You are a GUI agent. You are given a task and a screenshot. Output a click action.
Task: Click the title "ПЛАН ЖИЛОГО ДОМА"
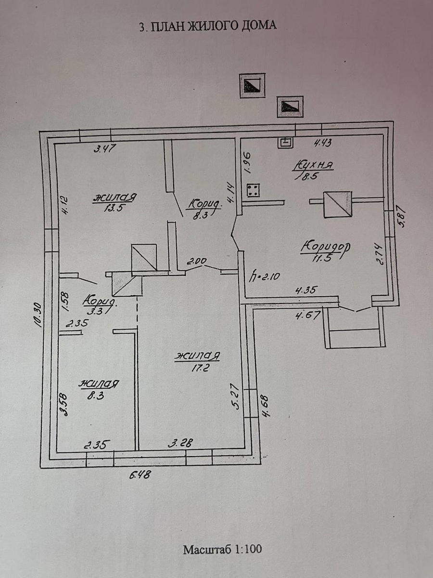(214, 26)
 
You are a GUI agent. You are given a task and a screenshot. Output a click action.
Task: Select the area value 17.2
(200, 368)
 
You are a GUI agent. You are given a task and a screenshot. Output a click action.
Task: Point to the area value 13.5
(114, 208)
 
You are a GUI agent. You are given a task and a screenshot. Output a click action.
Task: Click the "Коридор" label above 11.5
(326, 247)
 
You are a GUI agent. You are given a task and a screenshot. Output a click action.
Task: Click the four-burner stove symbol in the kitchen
(253, 191)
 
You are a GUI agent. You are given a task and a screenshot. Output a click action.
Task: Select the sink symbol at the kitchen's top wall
(285, 143)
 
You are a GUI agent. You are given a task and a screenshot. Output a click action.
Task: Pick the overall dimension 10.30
(37, 315)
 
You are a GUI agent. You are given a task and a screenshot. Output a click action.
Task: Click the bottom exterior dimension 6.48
(140, 475)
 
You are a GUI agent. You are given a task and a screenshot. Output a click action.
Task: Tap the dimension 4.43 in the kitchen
(322, 143)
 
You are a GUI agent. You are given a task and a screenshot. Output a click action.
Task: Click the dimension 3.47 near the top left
(105, 149)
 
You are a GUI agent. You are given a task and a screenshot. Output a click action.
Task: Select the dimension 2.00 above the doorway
(196, 262)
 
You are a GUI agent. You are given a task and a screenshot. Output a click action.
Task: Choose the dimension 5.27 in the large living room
(236, 397)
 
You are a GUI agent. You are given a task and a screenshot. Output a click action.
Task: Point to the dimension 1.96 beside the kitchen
(248, 162)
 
